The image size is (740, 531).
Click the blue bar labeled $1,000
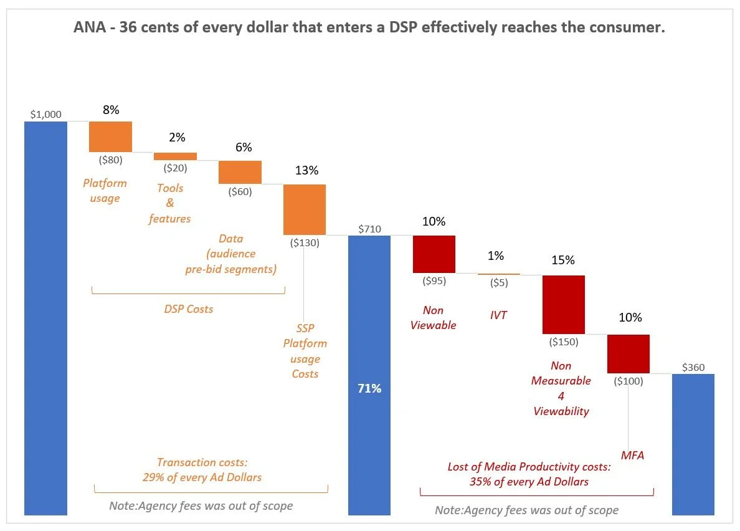click(45, 318)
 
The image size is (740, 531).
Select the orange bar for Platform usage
click(110, 136)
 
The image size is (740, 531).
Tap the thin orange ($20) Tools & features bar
click(175, 156)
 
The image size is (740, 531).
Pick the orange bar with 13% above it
click(305, 209)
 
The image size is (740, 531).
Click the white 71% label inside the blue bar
click(369, 388)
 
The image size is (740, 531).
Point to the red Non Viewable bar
click(434, 254)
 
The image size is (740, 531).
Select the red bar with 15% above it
click(564, 304)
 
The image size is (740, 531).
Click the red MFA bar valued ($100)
click(629, 353)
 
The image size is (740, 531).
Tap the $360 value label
click(693, 367)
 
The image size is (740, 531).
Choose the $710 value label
click(369, 229)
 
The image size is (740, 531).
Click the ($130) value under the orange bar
click(305, 243)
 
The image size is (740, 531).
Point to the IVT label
click(498, 315)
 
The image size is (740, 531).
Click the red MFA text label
click(632, 456)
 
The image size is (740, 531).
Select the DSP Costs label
click(188, 309)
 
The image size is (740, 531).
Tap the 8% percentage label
click(110, 110)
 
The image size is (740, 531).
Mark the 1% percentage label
click(496, 256)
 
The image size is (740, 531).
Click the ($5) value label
click(498, 282)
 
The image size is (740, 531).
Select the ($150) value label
click(563, 342)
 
